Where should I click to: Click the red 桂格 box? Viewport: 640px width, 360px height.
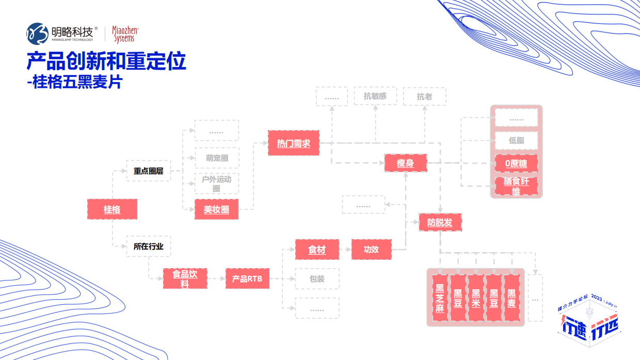[112, 209]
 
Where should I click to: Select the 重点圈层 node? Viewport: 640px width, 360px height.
[149, 171]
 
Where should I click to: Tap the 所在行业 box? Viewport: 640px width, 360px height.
[149, 246]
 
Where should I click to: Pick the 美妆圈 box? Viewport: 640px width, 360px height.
[216, 209]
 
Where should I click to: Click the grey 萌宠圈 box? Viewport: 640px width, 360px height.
[217, 158]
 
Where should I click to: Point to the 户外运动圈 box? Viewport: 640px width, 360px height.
[217, 183]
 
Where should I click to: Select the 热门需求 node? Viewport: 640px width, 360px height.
[293, 143]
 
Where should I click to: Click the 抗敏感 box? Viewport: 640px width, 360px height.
[375, 96]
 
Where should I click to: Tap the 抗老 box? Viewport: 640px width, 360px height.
[424, 97]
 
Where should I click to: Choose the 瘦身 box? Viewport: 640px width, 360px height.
[405, 164]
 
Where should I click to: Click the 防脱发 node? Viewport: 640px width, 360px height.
[440, 223]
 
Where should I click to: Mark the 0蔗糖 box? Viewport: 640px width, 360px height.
[516, 164]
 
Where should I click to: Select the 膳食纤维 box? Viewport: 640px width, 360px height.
[516, 186]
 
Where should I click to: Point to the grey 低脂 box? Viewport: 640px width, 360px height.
[516, 140]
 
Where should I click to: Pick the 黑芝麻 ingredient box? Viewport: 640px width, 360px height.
[440, 298]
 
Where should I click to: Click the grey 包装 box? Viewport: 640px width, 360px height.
[317, 279]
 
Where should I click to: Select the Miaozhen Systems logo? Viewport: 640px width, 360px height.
[125, 34]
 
